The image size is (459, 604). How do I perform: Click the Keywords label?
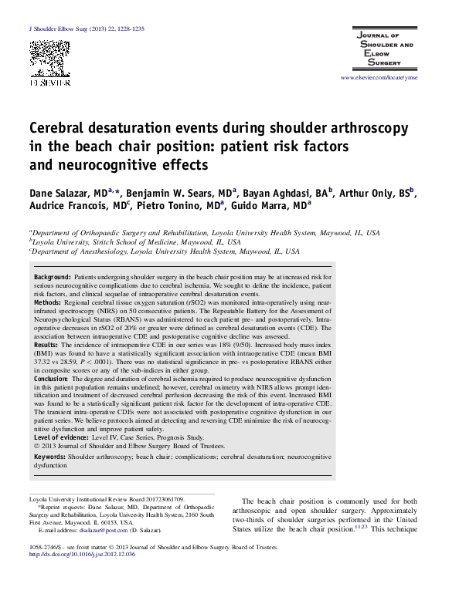(50, 457)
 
